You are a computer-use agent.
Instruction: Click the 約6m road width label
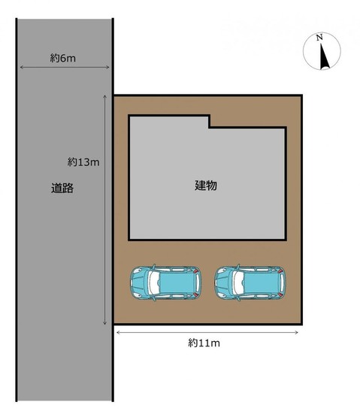pos(63,58)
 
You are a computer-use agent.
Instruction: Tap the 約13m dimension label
pos(83,162)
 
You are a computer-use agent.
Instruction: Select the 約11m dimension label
pos(204,343)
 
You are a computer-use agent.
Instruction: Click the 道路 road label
pos(62,188)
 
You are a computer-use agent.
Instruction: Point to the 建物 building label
pos(206,186)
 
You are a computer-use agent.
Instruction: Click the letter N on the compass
pos(319,38)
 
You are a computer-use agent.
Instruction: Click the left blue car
pos(166,283)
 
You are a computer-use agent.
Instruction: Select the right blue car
pos(250,283)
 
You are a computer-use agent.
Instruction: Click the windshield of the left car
pos(154,283)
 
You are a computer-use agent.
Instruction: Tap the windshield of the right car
pos(238,283)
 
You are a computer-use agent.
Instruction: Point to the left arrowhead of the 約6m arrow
pos(22,67)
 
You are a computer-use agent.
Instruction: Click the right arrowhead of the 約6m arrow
pos(107,67)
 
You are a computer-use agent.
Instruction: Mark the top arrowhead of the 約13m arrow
pos(105,97)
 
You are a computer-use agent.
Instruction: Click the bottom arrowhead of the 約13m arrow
pos(105,323)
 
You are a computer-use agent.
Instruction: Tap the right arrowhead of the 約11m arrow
pos(297,332)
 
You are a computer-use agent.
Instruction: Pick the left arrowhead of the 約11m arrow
pos(118,332)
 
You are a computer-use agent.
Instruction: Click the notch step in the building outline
pos(210,127)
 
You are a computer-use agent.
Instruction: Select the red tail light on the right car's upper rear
pos(280,271)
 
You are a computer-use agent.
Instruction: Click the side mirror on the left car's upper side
pos(154,267)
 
